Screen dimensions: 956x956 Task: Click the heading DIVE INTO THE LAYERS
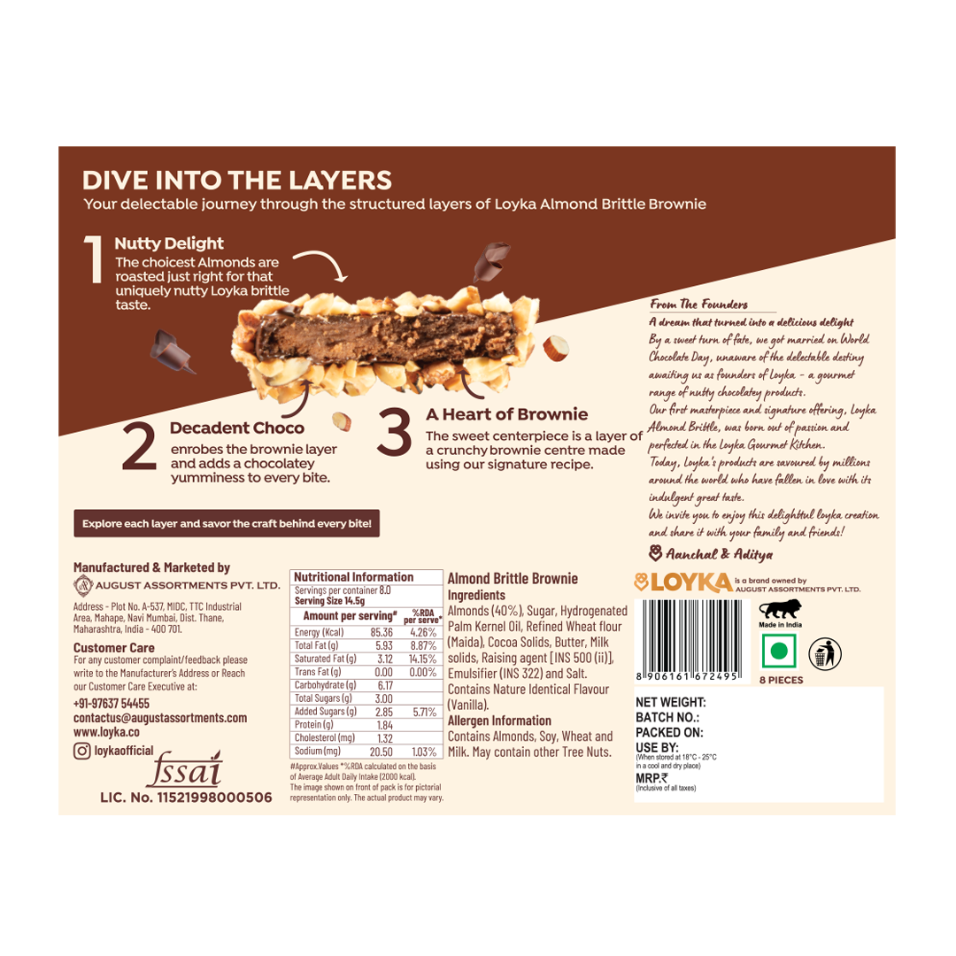[236, 181]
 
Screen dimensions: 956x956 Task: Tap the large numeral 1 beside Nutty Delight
[95, 260]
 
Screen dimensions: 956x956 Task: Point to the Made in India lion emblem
[778, 612]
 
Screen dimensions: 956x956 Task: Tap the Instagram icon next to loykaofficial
[82, 751]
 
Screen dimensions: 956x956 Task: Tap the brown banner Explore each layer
[227, 523]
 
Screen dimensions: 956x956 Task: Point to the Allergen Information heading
[499, 721]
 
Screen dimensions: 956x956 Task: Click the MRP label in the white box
[651, 777]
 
